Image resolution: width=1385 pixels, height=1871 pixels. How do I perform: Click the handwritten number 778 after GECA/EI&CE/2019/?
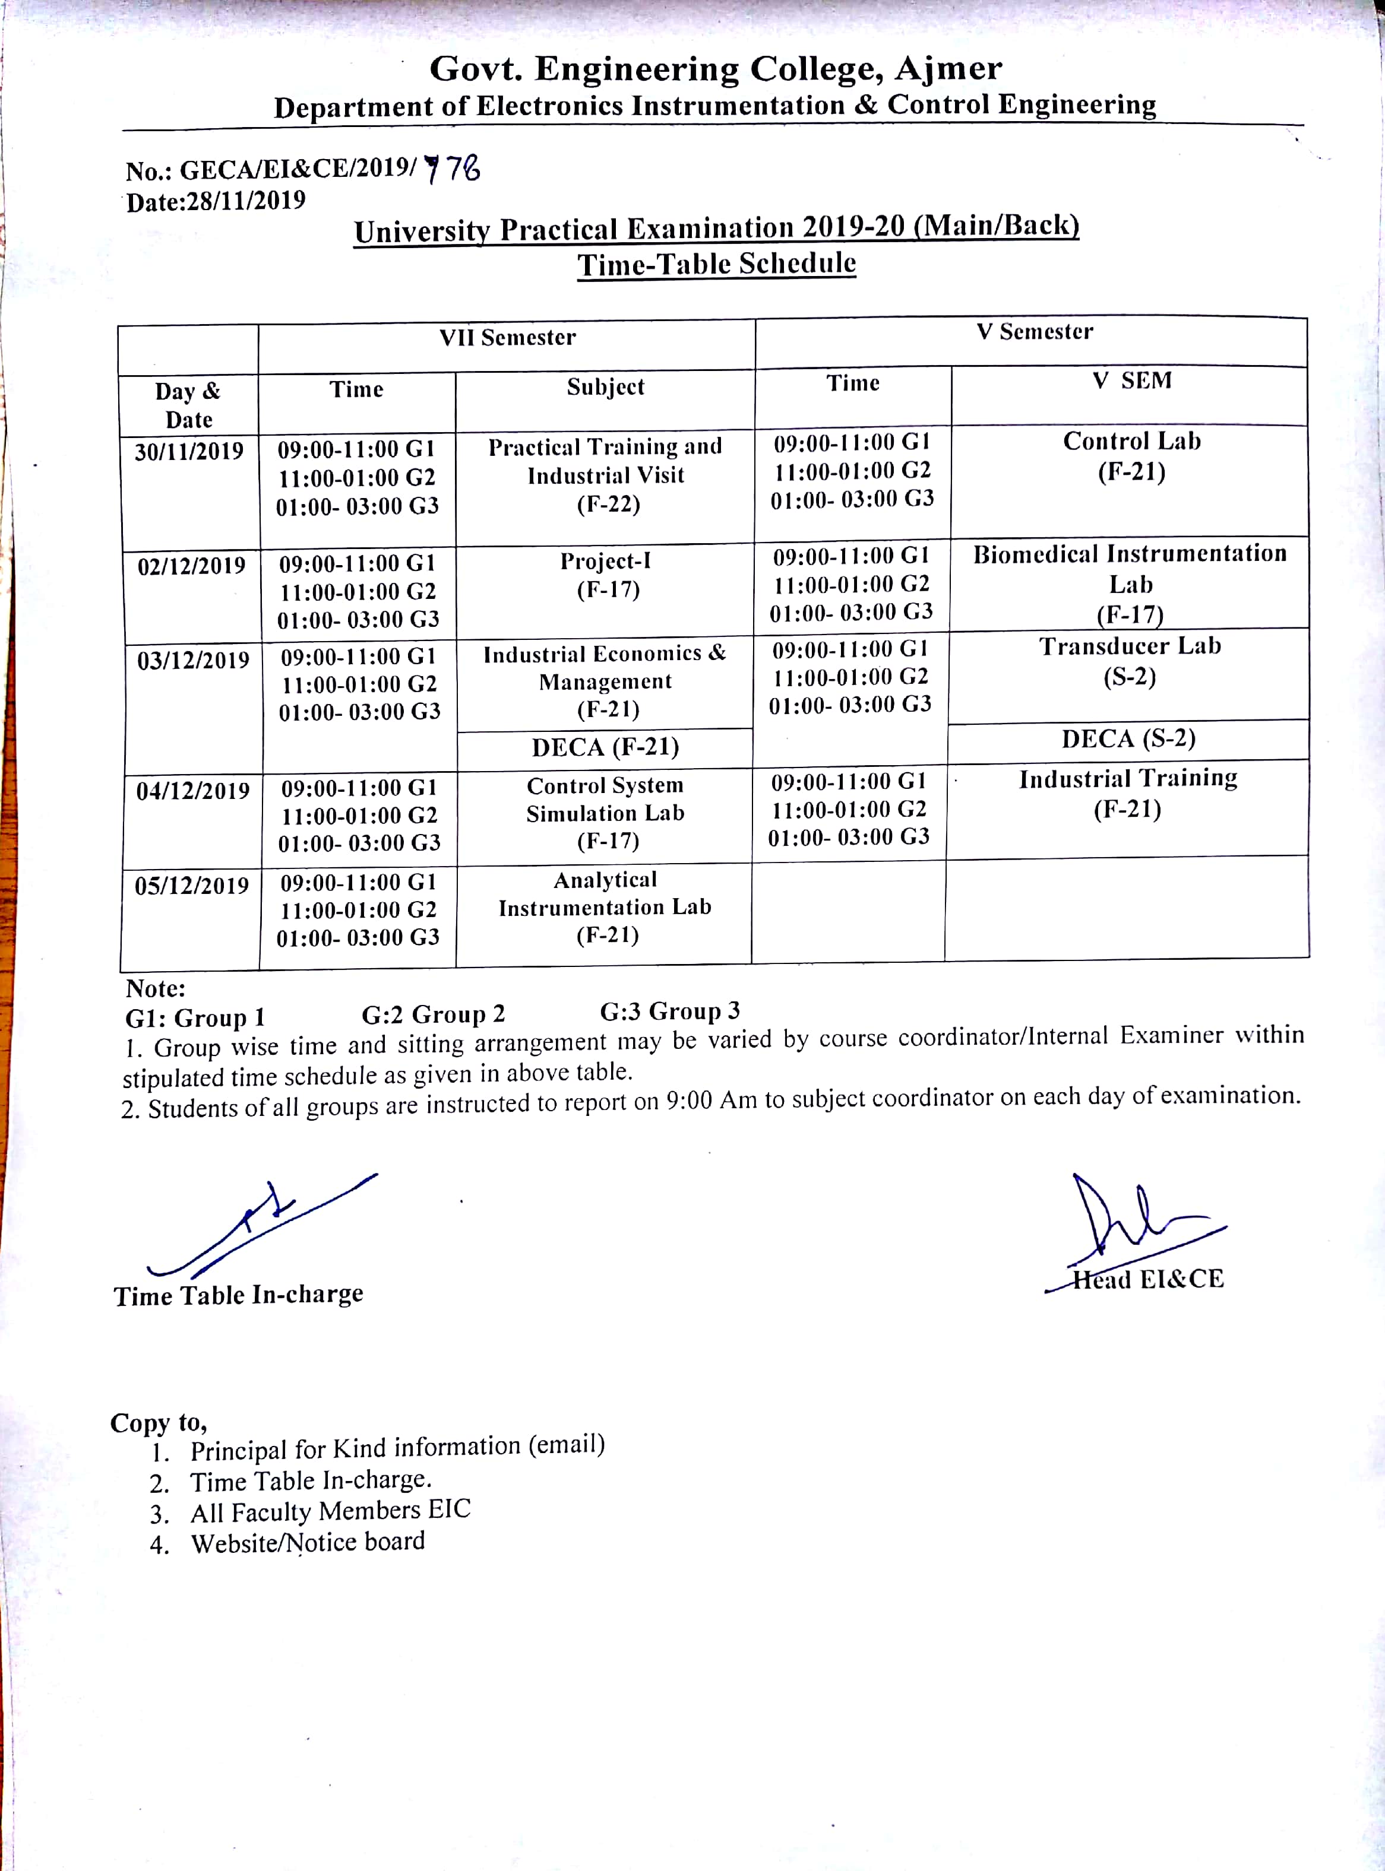[x=453, y=169]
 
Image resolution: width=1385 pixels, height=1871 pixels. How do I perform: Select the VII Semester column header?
[x=507, y=338]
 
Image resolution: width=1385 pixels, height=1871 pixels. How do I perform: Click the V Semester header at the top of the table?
[x=1034, y=332]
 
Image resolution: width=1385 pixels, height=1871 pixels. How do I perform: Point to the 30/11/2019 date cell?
[x=189, y=452]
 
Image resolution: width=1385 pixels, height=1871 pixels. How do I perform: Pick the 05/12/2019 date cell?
[x=191, y=886]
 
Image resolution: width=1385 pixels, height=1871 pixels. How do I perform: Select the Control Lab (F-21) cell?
[x=1131, y=456]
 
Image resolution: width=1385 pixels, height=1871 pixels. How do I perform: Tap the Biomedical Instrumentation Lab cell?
[x=1129, y=583]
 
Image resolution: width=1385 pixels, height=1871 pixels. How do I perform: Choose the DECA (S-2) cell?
[x=1128, y=739]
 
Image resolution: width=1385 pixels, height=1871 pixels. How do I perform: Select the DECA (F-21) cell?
[x=605, y=747]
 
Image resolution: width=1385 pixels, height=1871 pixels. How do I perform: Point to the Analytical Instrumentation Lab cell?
[x=605, y=908]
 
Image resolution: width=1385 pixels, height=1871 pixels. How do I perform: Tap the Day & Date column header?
[x=188, y=405]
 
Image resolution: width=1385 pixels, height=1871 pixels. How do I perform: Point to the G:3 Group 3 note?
[x=669, y=1011]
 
